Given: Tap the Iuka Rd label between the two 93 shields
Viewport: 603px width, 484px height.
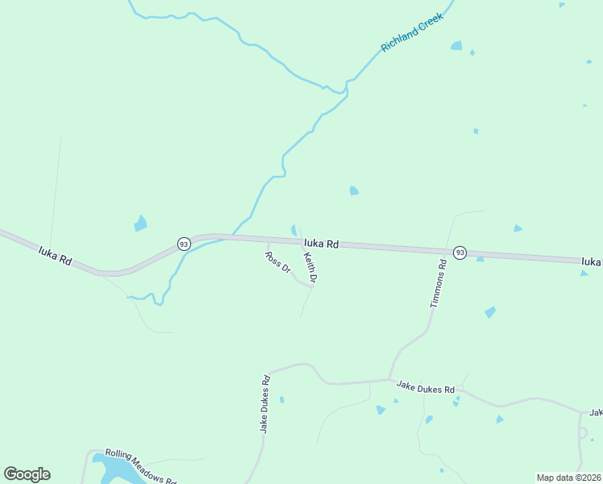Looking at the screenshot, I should [x=321, y=243].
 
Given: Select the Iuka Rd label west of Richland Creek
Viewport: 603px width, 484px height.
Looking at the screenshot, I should [x=56, y=257].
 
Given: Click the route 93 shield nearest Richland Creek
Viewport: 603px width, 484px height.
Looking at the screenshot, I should [x=184, y=244].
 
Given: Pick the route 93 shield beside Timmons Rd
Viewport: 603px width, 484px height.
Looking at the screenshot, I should [x=460, y=252].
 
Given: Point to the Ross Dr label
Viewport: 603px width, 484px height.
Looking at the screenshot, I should [x=277, y=262].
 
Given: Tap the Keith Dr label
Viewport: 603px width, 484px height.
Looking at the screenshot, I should [x=310, y=267].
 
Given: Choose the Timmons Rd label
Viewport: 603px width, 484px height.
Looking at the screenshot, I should [x=439, y=284].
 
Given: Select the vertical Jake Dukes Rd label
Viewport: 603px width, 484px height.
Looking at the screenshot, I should [x=264, y=404].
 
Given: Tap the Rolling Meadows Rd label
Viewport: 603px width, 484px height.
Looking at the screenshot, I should [x=140, y=465].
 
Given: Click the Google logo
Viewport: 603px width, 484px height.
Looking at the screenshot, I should [x=27, y=474].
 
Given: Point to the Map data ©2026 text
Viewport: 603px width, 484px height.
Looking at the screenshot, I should [x=568, y=478].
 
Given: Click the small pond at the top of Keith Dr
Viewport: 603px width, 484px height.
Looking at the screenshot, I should [x=294, y=230].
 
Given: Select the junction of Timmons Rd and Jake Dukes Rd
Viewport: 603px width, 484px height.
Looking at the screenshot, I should [x=390, y=379].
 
